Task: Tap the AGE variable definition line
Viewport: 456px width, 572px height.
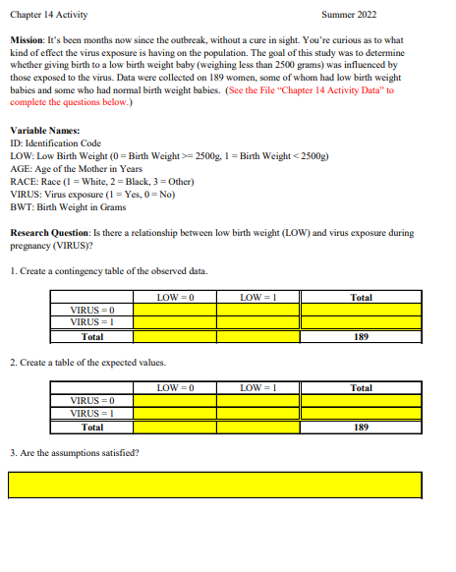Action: click(x=76, y=169)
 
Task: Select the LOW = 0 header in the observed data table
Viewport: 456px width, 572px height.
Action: click(x=175, y=297)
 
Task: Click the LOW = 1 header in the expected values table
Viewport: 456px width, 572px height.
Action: click(x=258, y=388)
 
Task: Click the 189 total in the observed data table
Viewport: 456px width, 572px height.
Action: click(x=361, y=336)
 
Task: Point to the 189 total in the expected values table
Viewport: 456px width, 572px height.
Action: click(x=361, y=428)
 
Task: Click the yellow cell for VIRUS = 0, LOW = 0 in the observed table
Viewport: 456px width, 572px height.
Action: click(x=175, y=310)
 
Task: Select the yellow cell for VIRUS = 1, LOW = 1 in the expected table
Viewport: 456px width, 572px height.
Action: click(x=258, y=414)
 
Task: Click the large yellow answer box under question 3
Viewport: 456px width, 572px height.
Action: click(x=215, y=485)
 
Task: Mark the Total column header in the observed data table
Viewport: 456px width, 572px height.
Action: click(x=361, y=297)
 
